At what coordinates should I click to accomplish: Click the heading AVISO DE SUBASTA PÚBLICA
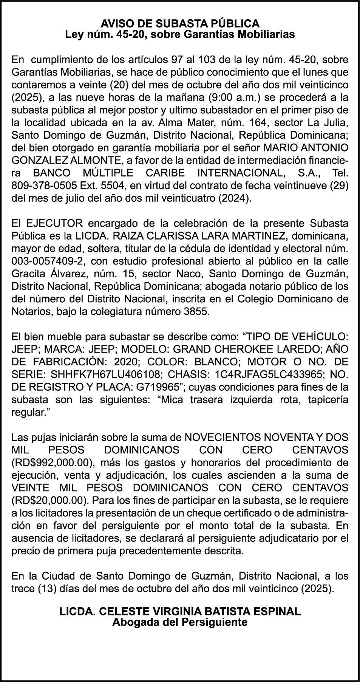(x=180, y=23)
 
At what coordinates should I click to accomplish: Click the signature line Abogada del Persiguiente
(x=180, y=622)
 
